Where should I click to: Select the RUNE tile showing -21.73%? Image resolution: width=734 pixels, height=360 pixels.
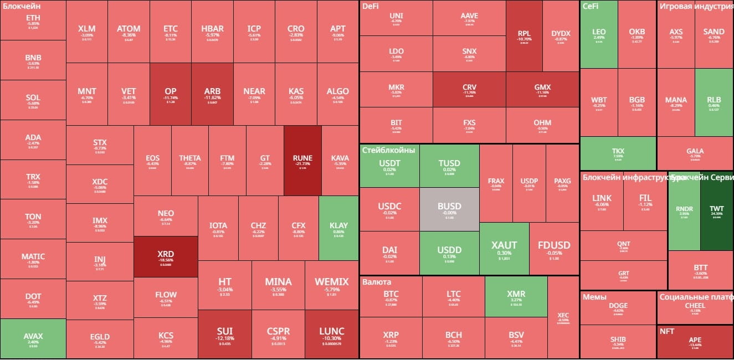point(302,161)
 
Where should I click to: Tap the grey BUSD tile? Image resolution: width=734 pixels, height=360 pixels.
point(449,209)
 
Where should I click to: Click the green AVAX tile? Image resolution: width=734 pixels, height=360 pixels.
point(33,339)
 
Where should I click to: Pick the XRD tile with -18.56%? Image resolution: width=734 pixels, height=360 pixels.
point(166,256)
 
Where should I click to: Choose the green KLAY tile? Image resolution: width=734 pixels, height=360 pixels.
point(338,228)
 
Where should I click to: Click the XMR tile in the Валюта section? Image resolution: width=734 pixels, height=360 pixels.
point(516,296)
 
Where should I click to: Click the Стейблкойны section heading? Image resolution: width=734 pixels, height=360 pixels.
point(388,150)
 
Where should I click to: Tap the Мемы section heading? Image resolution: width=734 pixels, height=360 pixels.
point(594,297)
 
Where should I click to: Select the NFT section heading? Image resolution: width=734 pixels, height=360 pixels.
point(666,331)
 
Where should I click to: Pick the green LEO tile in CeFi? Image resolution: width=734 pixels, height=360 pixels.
point(599,34)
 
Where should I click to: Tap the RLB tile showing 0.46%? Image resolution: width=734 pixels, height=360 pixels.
point(714,102)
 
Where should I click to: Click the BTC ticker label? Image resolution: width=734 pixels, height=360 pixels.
point(391,294)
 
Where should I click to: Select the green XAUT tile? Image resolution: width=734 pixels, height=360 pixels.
point(504,248)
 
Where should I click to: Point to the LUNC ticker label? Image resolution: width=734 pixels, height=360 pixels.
point(331,331)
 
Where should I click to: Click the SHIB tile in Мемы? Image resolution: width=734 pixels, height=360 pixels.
point(618,340)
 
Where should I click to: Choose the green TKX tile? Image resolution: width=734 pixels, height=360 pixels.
point(618,153)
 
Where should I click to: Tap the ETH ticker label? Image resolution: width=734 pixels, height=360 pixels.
point(33,19)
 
